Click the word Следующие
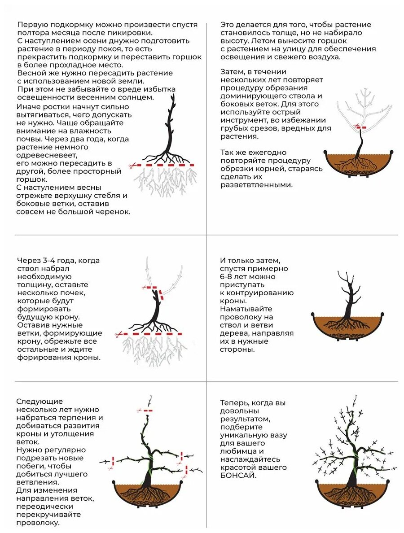[40, 401]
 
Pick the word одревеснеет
[46, 155]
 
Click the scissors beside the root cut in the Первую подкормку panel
[132, 165]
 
